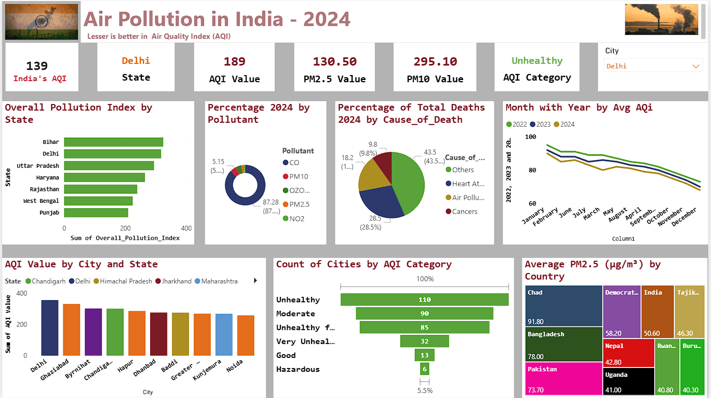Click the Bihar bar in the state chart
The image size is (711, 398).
[x=113, y=142]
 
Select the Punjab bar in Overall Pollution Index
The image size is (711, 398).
[x=96, y=213]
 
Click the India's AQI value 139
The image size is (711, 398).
[x=37, y=66]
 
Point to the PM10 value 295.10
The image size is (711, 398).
[x=435, y=62]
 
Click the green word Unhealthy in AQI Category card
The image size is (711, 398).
[x=537, y=61]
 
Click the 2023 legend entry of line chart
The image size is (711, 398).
[x=540, y=125]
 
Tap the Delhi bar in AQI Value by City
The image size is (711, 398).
[x=50, y=327]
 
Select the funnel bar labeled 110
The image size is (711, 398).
[x=424, y=300]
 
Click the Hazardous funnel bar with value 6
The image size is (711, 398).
[x=424, y=369]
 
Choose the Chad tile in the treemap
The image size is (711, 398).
[x=564, y=306]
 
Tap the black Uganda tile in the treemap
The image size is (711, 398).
[x=629, y=381]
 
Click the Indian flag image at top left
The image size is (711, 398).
[x=42, y=21]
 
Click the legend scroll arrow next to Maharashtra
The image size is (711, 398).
[x=255, y=281]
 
